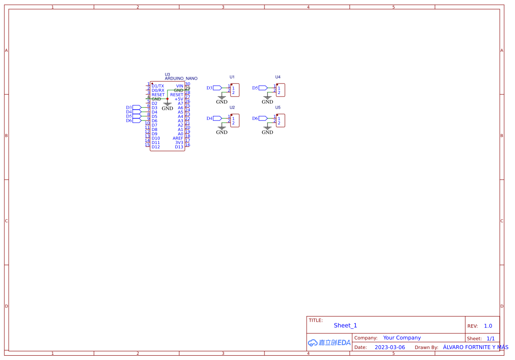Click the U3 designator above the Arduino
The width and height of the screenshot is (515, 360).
pyautogui.click(x=167, y=74)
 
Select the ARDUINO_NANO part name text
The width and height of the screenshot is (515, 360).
pyautogui.click(x=181, y=79)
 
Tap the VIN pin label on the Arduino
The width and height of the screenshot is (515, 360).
pyautogui.click(x=180, y=86)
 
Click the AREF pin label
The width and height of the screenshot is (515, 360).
pyautogui.click(x=178, y=138)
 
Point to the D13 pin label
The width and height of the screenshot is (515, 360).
pyautogui.click(x=179, y=147)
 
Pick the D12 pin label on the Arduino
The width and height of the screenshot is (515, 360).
pyautogui.click(x=156, y=147)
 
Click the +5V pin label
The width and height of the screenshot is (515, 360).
pyautogui.click(x=179, y=99)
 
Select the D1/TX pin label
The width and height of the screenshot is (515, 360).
pyautogui.click(x=158, y=86)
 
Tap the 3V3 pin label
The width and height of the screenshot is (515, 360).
pyautogui.click(x=179, y=143)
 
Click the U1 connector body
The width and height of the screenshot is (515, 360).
pyautogui.click(x=235, y=90)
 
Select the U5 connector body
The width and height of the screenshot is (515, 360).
pyautogui.click(x=281, y=120)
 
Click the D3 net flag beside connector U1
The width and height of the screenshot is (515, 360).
pyautogui.click(x=217, y=88)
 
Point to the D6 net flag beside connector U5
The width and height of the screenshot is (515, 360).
pyautogui.click(x=263, y=118)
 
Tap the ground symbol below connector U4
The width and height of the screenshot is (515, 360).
pyautogui.click(x=268, y=100)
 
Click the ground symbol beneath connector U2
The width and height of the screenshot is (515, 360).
pyautogui.click(x=222, y=130)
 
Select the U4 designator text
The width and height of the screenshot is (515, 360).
pyautogui.click(x=278, y=77)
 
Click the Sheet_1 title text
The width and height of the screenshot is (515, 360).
pyautogui.click(x=345, y=326)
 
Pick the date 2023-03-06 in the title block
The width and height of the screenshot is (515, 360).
pyautogui.click(x=390, y=347)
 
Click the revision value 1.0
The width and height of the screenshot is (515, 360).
pyautogui.click(x=488, y=326)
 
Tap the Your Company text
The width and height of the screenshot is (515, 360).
pyautogui.click(x=402, y=338)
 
